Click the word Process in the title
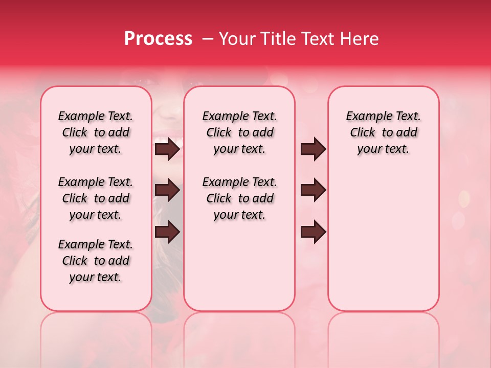[158, 39]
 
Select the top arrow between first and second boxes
[167, 149]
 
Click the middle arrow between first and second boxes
[167, 190]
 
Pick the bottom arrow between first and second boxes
[167, 232]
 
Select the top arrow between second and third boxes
[314, 149]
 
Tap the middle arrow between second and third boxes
[314, 190]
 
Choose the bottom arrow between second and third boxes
[314, 232]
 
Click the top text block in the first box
[96, 132]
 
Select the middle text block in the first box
[96, 198]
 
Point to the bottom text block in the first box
[96, 261]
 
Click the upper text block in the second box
[240, 132]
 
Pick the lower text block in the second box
[240, 198]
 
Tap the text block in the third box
[384, 132]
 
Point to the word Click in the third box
[363, 133]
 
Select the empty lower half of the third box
[384, 240]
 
